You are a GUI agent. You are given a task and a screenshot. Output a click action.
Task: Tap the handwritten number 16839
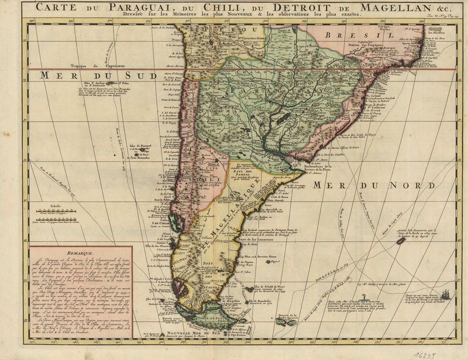pyautogui.click(x=429, y=353)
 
